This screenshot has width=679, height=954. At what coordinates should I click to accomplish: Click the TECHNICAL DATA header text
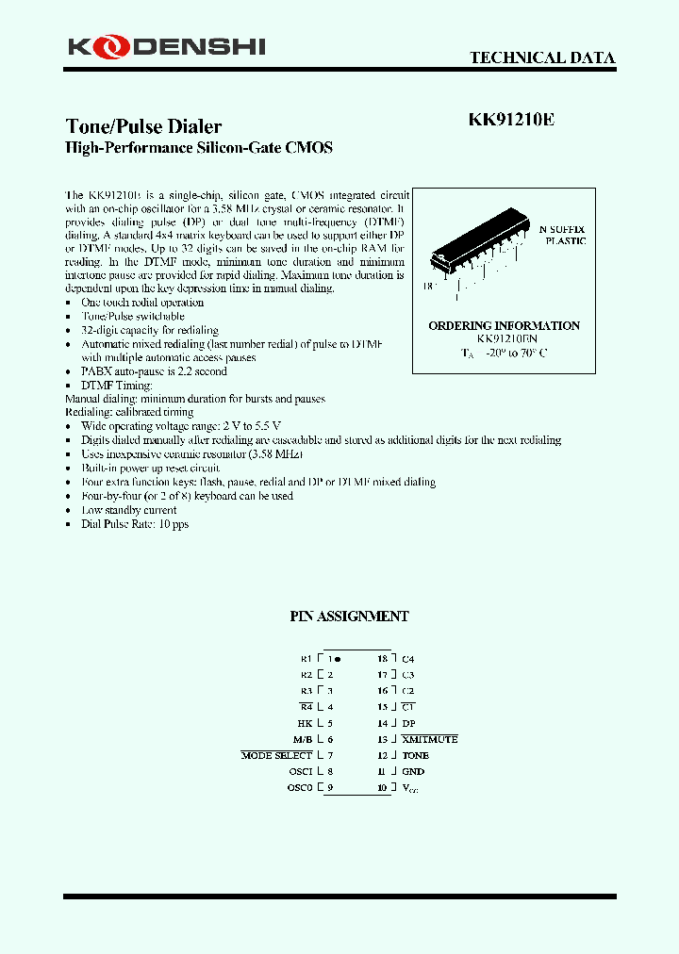pos(542,58)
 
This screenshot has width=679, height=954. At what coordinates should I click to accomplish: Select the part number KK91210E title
pos(511,121)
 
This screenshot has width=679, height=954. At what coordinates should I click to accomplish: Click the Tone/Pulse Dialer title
pos(143,126)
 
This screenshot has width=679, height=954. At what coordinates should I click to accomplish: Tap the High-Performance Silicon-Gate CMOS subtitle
pos(198,148)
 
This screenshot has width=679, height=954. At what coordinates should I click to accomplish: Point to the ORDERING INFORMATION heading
pos(504,325)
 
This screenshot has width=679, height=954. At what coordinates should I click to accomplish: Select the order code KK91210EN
pos(505,338)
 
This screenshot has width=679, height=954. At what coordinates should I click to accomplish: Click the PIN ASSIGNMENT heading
pos(348,616)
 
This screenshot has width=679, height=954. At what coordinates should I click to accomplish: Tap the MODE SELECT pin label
pos(276,755)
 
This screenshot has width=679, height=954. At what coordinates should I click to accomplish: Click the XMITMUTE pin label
pos(429,739)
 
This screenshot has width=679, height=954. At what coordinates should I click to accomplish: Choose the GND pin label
pos(413,771)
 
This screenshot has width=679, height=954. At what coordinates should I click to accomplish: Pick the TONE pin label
pos(415,755)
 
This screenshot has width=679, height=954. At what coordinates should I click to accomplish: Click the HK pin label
pos(306,723)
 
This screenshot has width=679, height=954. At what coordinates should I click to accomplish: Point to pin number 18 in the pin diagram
pos(382,659)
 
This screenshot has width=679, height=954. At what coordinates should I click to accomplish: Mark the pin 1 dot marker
pos(339,659)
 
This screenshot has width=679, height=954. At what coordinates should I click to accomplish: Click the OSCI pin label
pos(300,771)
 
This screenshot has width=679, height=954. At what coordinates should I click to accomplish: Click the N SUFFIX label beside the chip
pos(562,229)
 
